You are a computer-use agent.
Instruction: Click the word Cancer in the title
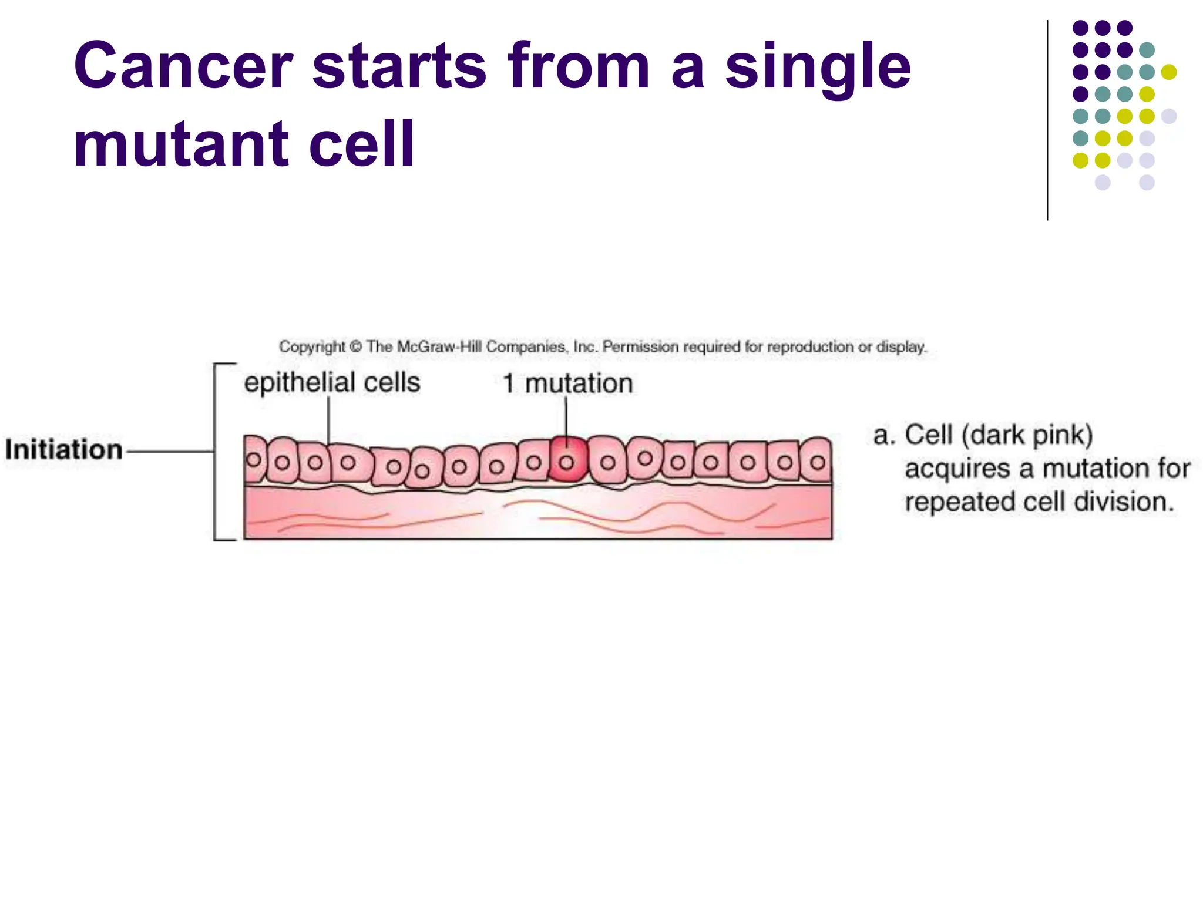click(x=183, y=66)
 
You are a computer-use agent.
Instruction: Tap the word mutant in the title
click(x=181, y=144)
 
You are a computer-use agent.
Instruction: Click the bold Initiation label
click(x=63, y=450)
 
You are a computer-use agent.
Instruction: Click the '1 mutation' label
click(x=567, y=384)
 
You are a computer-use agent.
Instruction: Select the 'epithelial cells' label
click(x=332, y=383)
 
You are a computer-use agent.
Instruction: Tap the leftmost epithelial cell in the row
click(x=254, y=459)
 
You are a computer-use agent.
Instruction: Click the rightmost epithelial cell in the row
click(x=817, y=461)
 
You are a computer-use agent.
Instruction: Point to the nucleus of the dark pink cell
click(x=566, y=463)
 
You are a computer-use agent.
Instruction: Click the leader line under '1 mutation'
click(x=566, y=417)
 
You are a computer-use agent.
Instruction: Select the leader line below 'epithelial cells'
click(x=328, y=420)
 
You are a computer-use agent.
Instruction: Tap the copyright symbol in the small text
click(x=355, y=347)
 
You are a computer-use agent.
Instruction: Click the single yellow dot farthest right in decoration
click(x=1169, y=72)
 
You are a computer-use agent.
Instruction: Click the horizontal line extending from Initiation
click(x=170, y=452)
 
